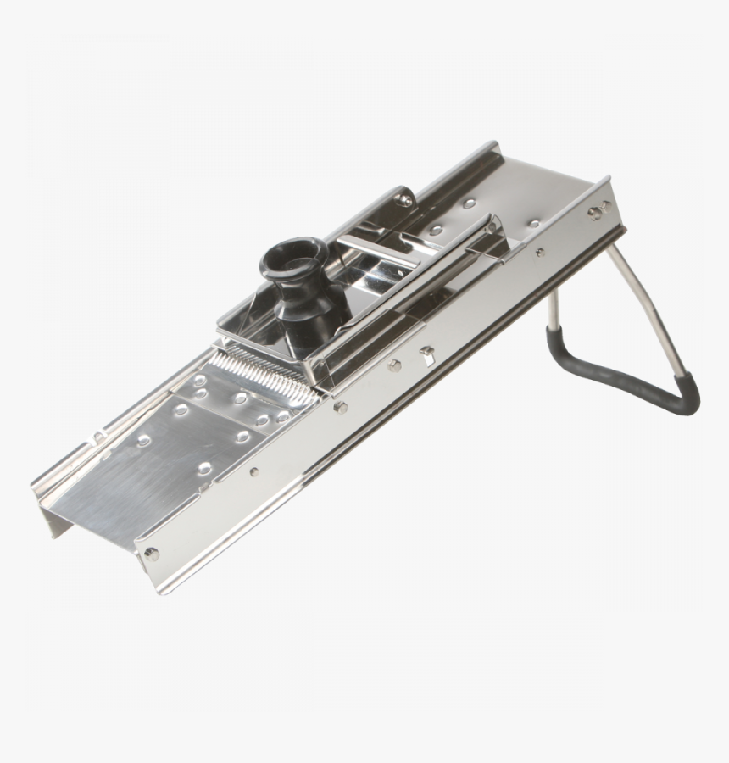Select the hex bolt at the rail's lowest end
coord(152,553)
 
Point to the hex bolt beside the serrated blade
coord(341,407)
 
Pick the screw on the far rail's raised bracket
coord(405,200)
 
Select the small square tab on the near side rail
coord(427,351)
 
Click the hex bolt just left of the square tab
coord(395,365)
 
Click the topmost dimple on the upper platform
coord(469,203)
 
